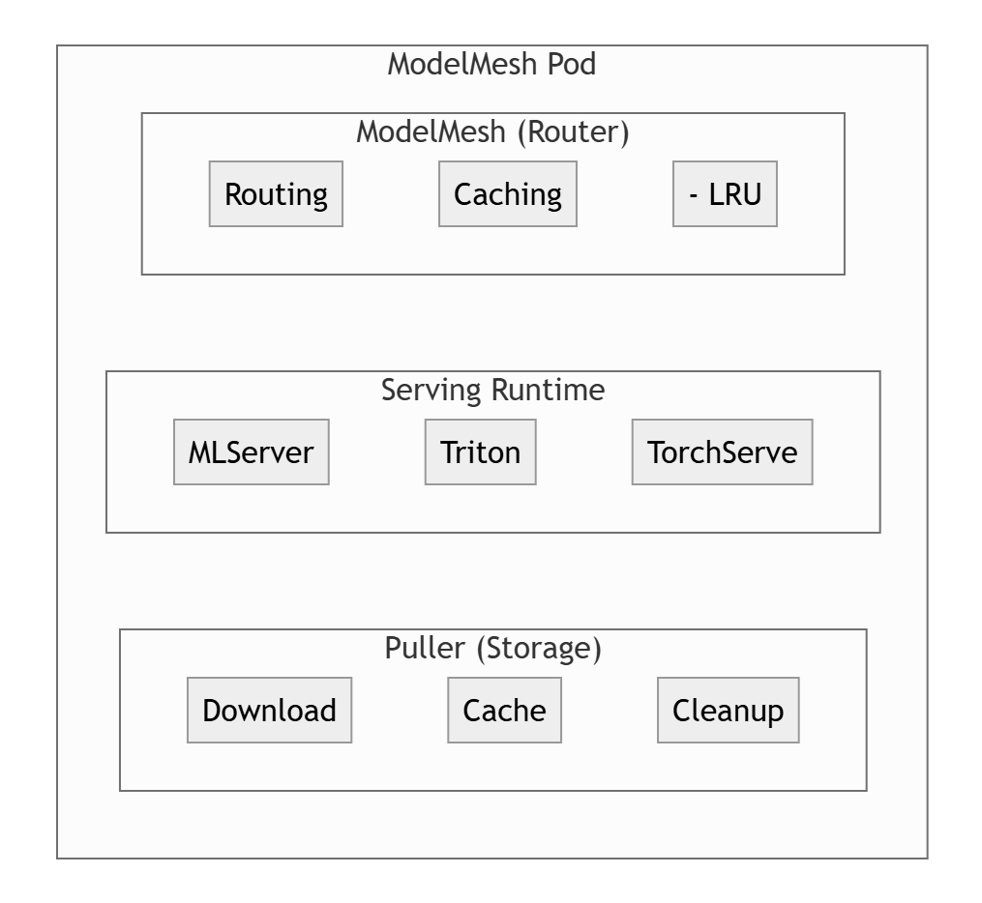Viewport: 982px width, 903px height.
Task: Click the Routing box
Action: pos(276,194)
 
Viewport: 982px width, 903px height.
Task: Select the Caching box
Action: pos(507,194)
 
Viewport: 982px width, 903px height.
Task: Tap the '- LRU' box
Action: pos(725,194)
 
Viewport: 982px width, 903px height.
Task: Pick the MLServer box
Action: pos(251,451)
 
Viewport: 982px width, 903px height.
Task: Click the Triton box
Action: pos(480,451)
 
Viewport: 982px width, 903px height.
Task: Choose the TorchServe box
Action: pos(722,451)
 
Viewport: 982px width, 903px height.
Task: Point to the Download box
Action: pos(269,710)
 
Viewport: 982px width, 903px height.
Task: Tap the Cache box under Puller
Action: pos(504,710)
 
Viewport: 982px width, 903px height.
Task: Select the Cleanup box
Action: pos(728,710)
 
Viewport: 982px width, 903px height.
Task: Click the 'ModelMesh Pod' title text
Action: pos(491,65)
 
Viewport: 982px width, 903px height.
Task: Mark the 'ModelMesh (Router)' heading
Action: pos(492,131)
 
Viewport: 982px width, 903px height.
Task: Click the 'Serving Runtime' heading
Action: pos(492,390)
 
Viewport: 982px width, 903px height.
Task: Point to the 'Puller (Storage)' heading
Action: pos(492,648)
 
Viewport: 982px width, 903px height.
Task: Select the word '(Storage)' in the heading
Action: pos(538,648)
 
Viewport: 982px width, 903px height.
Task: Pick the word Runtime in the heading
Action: pos(548,390)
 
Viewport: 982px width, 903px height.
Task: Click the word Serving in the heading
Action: pos(431,390)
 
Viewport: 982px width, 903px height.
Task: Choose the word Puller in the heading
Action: pos(426,648)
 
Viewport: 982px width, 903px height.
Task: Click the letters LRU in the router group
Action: pos(735,194)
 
